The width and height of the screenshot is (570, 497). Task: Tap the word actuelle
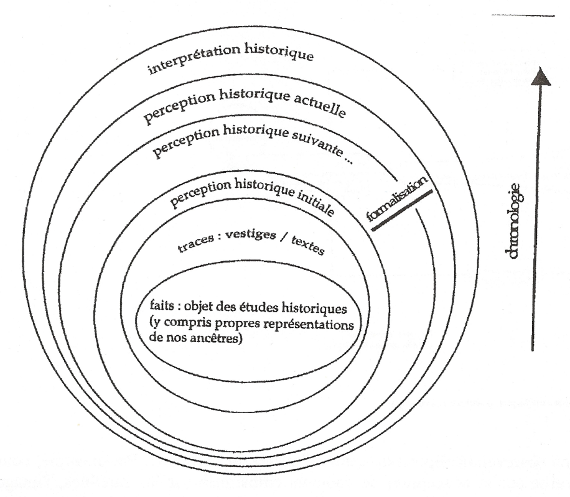(x=319, y=105)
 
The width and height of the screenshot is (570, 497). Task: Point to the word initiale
(x=315, y=202)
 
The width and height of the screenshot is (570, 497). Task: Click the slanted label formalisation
(x=396, y=198)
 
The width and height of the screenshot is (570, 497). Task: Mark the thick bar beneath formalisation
(x=402, y=210)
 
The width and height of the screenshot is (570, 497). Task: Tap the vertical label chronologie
(x=513, y=221)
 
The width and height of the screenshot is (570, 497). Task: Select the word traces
(x=195, y=243)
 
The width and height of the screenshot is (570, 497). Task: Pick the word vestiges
(x=251, y=235)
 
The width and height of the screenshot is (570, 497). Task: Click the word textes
(x=307, y=246)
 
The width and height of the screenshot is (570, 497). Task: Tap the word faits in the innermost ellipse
(x=162, y=305)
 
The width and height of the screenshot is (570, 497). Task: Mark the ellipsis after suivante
(x=348, y=160)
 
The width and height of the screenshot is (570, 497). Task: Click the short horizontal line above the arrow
(x=523, y=16)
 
